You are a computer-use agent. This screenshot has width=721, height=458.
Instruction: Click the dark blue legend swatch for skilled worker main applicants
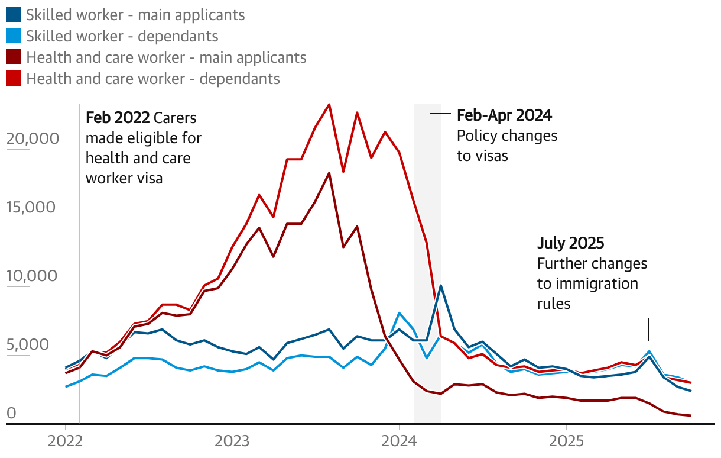coord(14,15)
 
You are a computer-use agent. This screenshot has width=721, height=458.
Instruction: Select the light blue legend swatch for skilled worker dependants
coord(14,36)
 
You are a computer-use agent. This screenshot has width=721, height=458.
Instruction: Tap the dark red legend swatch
coord(14,57)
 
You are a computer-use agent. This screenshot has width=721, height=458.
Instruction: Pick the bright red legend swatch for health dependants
coord(14,79)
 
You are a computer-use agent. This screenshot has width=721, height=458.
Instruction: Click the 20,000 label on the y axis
coord(33,138)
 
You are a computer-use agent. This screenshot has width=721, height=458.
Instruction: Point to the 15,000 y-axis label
coord(33,207)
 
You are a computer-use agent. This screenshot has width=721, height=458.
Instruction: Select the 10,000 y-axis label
coord(33,276)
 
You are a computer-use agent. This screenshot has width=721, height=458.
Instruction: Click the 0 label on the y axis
coord(11,414)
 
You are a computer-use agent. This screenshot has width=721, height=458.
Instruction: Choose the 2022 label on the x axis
coord(64,441)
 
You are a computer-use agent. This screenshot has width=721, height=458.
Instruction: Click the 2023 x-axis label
coord(232,441)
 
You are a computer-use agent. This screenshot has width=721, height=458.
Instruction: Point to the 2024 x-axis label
coord(399,441)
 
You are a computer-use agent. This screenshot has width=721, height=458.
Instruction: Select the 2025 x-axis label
coord(566,441)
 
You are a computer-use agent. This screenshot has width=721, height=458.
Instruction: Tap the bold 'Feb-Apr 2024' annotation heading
coord(504,115)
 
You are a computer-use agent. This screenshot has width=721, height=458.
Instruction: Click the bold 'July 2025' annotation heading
coord(570,243)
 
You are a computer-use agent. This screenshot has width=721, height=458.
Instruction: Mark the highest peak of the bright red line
coord(329,105)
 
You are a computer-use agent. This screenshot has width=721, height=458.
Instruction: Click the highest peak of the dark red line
coord(329,173)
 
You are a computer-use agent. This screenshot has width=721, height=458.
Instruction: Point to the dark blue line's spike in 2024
coord(441,286)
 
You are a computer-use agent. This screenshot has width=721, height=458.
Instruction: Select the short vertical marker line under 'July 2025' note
coord(649,329)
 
